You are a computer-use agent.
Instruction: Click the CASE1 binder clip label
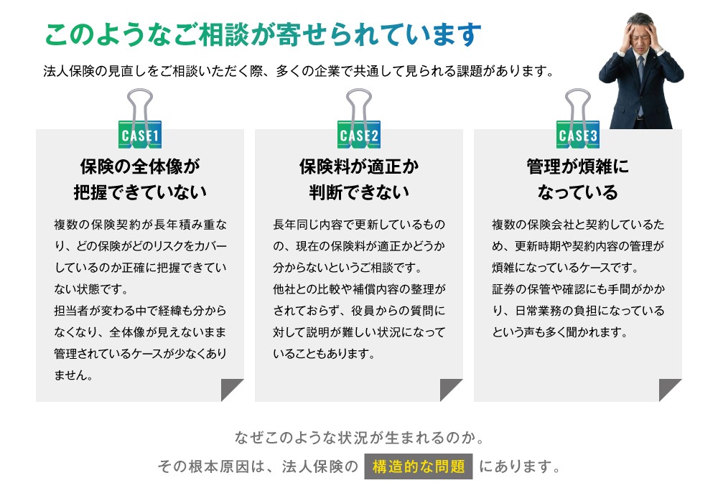coord(140,135)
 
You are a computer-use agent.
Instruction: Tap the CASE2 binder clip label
coord(358,135)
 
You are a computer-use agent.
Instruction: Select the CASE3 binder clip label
coord(577,135)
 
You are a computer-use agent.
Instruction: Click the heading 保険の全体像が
coord(140,166)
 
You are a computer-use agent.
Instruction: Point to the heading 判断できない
coord(359,192)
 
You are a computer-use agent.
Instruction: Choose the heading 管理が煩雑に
coord(578,166)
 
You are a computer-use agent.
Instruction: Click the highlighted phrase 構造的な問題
coord(419,466)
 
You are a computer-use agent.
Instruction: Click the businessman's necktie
coord(640,83)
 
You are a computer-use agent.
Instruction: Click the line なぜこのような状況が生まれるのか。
coord(359,438)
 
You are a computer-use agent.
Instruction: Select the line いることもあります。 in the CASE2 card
coord(324,353)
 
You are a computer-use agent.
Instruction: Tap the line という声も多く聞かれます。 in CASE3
coord(559,332)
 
